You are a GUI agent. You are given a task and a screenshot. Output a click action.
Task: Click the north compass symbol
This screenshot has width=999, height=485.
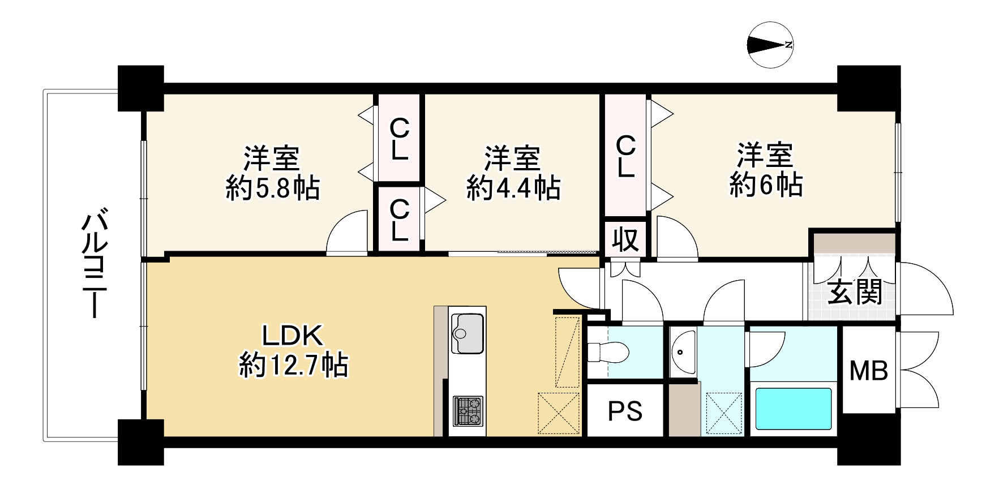tap(770, 45)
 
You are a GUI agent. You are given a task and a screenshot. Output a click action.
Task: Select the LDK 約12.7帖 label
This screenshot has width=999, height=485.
tap(292, 350)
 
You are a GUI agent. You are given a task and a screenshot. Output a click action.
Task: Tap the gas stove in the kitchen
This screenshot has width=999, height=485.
tap(468, 411)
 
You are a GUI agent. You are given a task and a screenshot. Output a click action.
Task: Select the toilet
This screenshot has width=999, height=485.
tap(608, 352)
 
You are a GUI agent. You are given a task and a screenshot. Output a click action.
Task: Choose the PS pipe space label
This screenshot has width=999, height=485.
tap(625, 411)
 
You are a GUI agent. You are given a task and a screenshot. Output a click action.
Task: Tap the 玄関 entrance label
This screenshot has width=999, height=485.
tap(855, 293)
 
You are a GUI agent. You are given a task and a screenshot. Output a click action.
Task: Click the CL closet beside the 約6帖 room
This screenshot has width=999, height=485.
tap(625, 156)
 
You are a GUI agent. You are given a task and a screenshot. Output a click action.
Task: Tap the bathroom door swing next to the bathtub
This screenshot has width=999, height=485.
tap(765, 346)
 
